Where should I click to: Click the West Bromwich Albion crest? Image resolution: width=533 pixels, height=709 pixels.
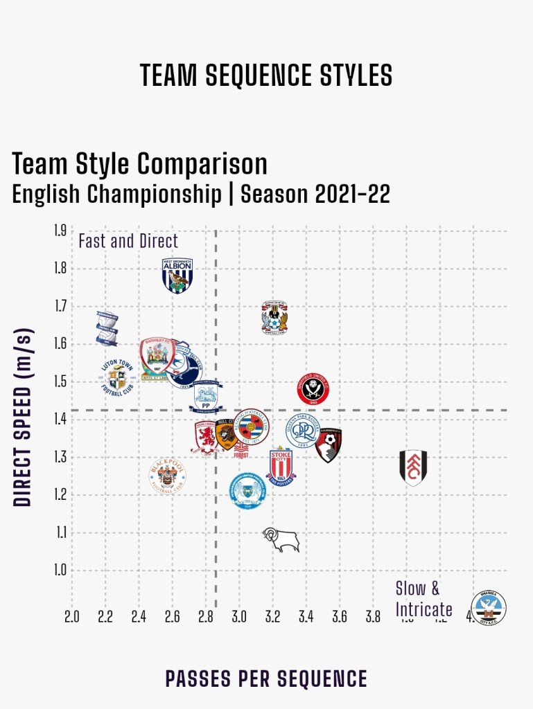pos(177,275)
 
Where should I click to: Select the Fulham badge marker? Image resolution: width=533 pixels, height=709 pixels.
pos(413,467)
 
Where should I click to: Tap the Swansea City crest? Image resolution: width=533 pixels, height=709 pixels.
pos(489,607)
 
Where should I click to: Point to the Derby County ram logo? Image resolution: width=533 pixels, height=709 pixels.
pos(281,539)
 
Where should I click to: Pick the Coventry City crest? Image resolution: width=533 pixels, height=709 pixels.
pos(274,318)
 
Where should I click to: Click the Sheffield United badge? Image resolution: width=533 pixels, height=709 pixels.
pos(313,388)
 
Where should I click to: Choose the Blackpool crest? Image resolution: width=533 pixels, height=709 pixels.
pos(167,476)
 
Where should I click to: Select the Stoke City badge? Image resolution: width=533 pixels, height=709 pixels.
pos(281,465)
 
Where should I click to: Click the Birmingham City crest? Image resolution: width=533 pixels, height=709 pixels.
pos(107,328)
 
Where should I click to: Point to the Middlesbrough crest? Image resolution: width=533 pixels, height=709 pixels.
pos(207,438)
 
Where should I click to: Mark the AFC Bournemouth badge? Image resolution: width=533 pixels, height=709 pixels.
pos(329,444)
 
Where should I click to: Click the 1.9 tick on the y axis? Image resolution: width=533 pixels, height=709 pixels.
pos(60,231)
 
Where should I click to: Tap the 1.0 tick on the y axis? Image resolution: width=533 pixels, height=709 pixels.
pos(60,571)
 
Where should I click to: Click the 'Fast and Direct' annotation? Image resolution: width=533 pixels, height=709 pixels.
pos(128,241)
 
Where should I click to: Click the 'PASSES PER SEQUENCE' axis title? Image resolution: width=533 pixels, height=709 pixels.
pos(266,679)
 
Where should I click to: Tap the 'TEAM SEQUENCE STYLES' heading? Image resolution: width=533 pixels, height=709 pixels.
pos(266,75)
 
